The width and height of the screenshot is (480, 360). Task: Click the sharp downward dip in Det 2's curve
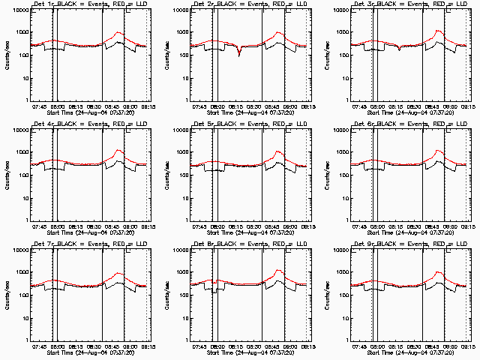[x=239, y=55]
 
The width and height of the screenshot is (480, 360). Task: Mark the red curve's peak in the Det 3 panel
[x=439, y=31]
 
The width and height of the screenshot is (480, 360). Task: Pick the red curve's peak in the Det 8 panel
[x=278, y=271]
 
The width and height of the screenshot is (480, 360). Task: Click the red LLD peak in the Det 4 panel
[x=118, y=151]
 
